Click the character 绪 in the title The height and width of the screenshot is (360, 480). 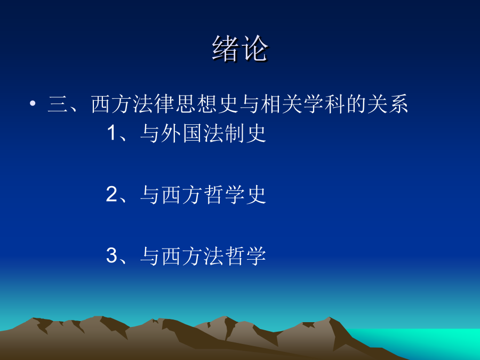(226, 48)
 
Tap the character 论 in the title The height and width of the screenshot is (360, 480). (254, 48)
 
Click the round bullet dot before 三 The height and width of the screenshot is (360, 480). (33, 103)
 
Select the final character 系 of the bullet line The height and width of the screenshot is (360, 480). (398, 104)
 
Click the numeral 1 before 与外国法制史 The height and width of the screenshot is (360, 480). (112, 133)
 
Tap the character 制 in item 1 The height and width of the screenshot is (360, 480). (235, 133)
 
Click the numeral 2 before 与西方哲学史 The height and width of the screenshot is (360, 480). (111, 194)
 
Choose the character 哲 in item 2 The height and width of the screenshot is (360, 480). (213, 194)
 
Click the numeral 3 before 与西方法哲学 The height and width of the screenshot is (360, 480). (111, 255)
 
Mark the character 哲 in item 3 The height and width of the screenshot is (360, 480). (235, 255)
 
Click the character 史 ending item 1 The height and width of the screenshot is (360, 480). (255, 133)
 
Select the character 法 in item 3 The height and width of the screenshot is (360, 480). (213, 255)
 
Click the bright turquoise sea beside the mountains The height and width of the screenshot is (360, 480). (429, 340)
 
